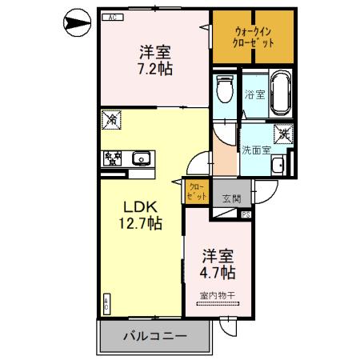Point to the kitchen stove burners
[111, 158]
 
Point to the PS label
[246, 214]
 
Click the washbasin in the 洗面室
[278, 166]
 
